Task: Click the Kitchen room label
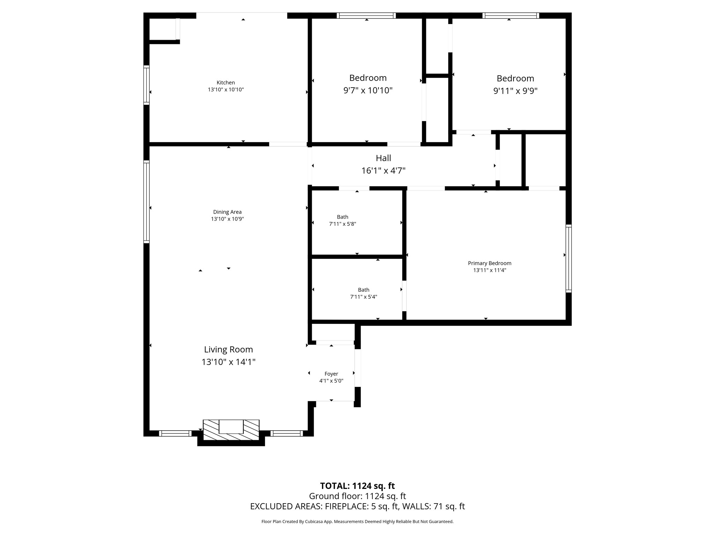pyautogui.click(x=226, y=83)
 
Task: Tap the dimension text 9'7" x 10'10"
pyautogui.click(x=368, y=91)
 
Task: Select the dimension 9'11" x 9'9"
pyautogui.click(x=515, y=91)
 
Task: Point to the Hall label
pyautogui.click(x=383, y=158)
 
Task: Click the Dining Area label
pyautogui.click(x=227, y=212)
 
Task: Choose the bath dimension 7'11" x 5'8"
pyautogui.click(x=342, y=224)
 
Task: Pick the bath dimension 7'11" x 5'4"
pyautogui.click(x=363, y=297)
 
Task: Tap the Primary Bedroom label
pyautogui.click(x=489, y=263)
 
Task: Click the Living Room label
pyautogui.click(x=228, y=349)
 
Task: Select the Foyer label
pyautogui.click(x=331, y=374)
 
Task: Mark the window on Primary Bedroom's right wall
pyautogui.click(x=568, y=258)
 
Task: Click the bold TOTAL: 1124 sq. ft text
pyautogui.click(x=357, y=486)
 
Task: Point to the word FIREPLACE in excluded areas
pyautogui.click(x=346, y=506)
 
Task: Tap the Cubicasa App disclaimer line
pyautogui.click(x=357, y=522)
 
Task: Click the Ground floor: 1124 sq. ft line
pyautogui.click(x=357, y=496)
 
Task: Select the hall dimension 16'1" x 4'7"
pyautogui.click(x=383, y=171)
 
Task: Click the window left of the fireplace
pyautogui.click(x=175, y=433)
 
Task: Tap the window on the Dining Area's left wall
pyautogui.click(x=147, y=202)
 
